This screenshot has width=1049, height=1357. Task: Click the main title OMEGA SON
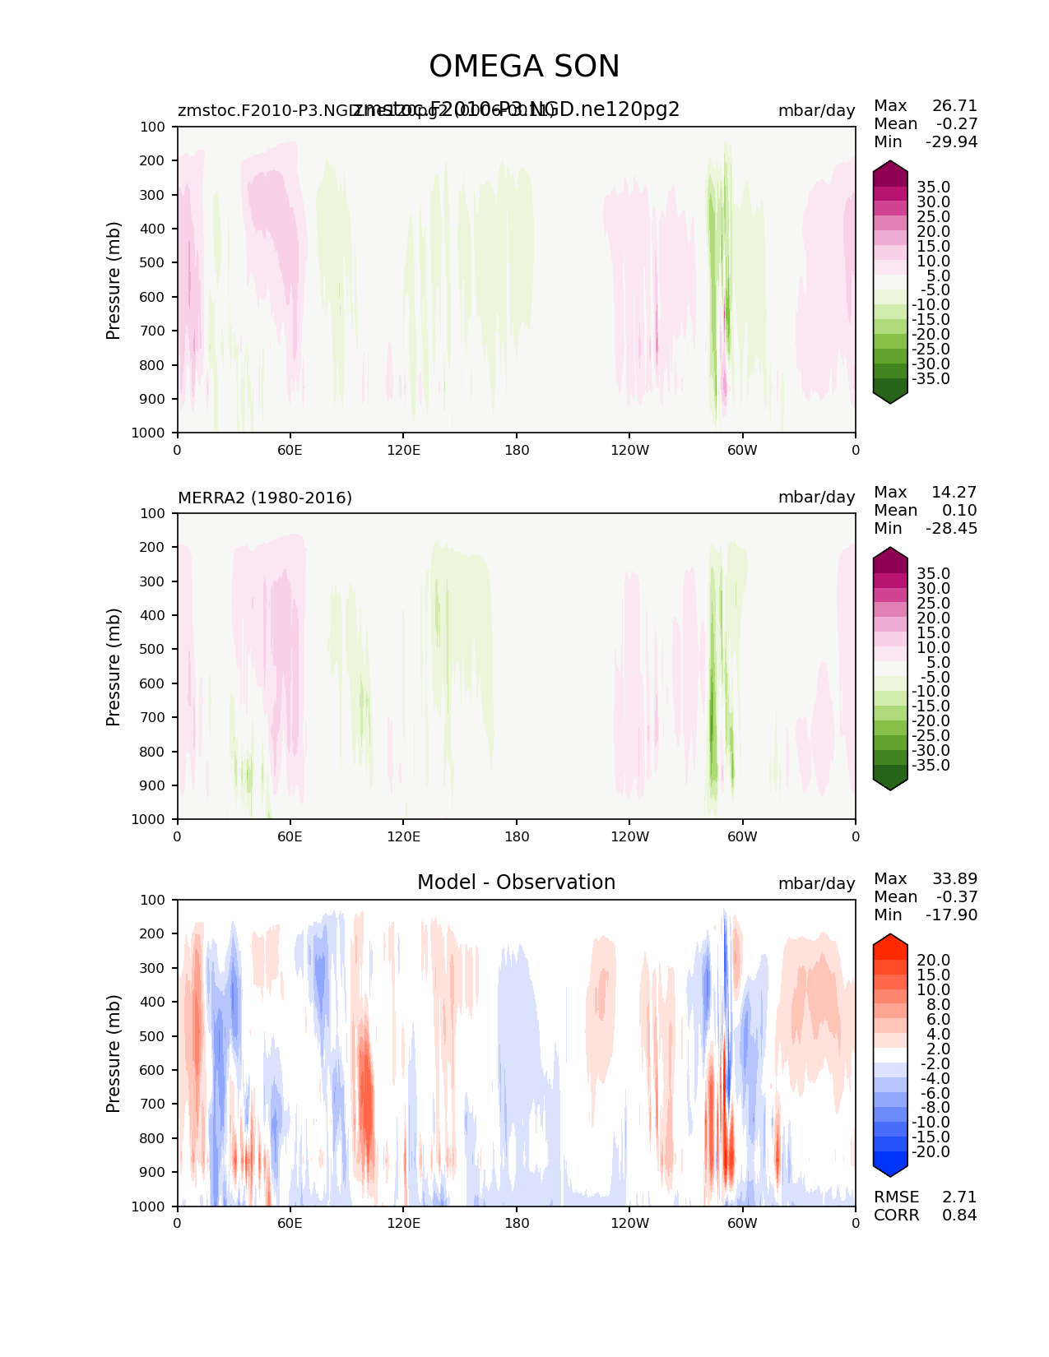(524, 67)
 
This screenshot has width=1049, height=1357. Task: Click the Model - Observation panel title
(516, 882)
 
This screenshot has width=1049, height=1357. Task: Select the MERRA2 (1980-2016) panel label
(265, 498)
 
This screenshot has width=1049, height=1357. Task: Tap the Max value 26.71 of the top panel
(954, 106)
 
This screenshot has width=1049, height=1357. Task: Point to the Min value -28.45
(951, 529)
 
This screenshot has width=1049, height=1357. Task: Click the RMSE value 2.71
(959, 1197)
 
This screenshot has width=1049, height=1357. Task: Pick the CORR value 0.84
(959, 1216)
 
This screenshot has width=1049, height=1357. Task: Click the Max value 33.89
(954, 879)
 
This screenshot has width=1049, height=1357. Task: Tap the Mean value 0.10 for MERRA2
(958, 511)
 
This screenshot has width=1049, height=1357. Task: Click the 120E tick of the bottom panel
(403, 1223)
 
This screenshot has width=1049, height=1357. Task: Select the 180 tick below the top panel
(516, 450)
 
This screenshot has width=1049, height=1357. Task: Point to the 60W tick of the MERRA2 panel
(742, 836)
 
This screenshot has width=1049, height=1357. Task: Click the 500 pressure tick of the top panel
(153, 263)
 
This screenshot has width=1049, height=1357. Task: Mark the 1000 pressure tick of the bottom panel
(149, 1206)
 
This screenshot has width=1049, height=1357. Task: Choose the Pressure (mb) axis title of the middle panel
(114, 667)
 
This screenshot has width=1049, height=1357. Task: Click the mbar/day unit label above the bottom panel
(816, 883)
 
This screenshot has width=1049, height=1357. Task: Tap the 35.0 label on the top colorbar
(933, 188)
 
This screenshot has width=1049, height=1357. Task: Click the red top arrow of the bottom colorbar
(890, 944)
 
